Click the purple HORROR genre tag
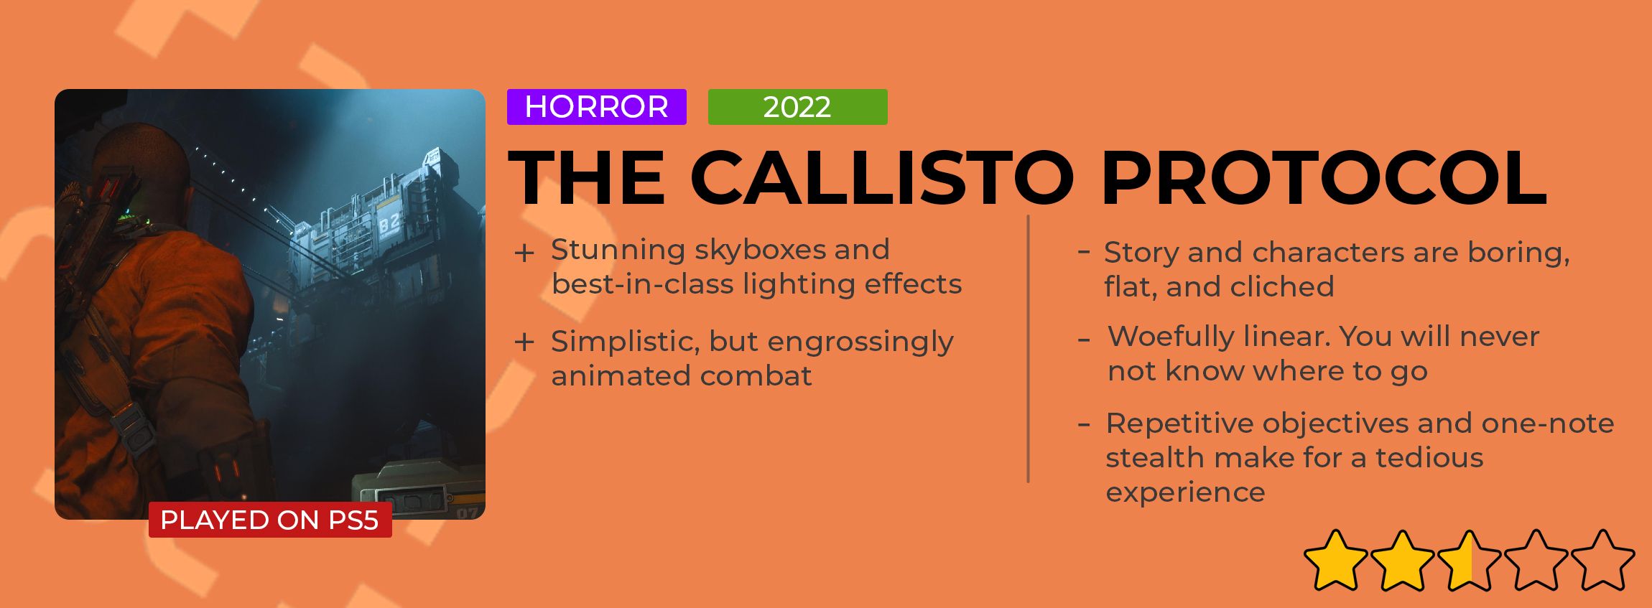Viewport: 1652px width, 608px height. click(596, 107)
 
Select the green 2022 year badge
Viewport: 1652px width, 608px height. click(797, 107)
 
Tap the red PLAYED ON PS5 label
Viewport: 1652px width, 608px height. click(270, 520)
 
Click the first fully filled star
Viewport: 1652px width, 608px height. click(1335, 560)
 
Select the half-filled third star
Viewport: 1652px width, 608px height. click(1469, 560)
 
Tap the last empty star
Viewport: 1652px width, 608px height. click(1602, 560)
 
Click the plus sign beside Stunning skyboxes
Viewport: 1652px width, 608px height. click(524, 253)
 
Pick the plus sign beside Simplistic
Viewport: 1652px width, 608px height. click(524, 342)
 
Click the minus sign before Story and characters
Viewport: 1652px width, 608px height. click(1084, 251)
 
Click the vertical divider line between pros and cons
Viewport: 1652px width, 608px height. click(1028, 349)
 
